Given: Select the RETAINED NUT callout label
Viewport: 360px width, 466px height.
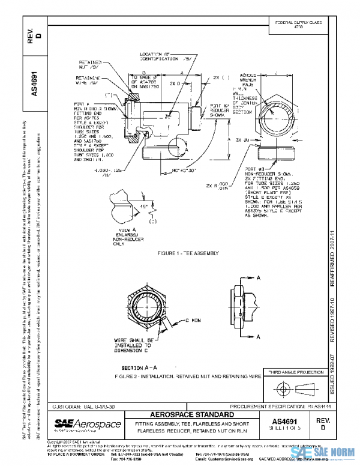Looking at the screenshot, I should (x=89, y=65).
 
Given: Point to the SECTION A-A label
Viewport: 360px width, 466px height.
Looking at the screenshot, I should (x=139, y=367).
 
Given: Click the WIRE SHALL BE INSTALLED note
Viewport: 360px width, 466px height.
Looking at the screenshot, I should (x=134, y=345).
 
